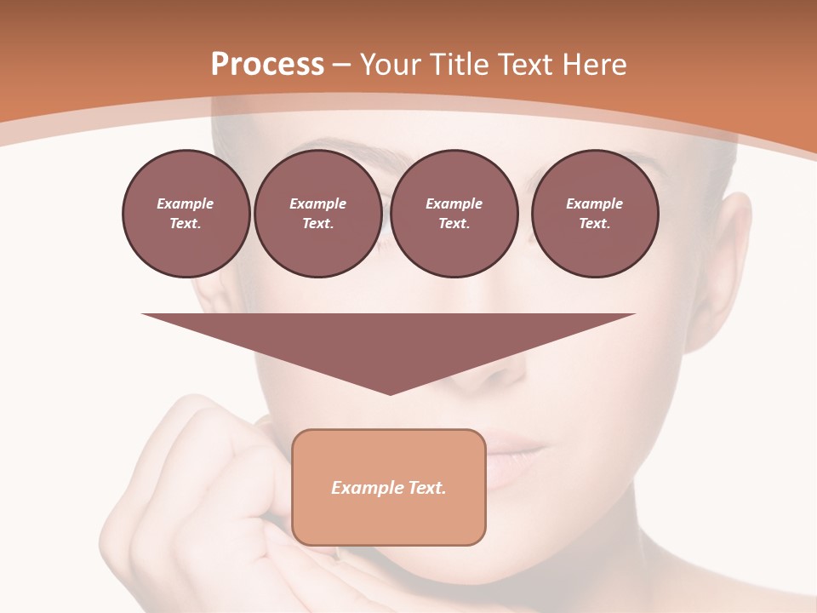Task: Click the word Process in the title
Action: click(x=267, y=65)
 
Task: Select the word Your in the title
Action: click(x=393, y=65)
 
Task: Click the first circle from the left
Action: click(x=186, y=214)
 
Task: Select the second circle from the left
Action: click(x=317, y=214)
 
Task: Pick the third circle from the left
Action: click(x=454, y=214)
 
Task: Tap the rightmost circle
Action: click(x=594, y=214)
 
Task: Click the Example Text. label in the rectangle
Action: click(x=388, y=488)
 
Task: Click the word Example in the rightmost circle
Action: click(x=594, y=203)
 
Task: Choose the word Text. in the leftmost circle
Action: click(x=186, y=224)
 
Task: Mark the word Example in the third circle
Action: click(x=454, y=203)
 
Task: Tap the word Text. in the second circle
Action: click(x=317, y=224)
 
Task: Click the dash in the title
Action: click(x=342, y=66)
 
